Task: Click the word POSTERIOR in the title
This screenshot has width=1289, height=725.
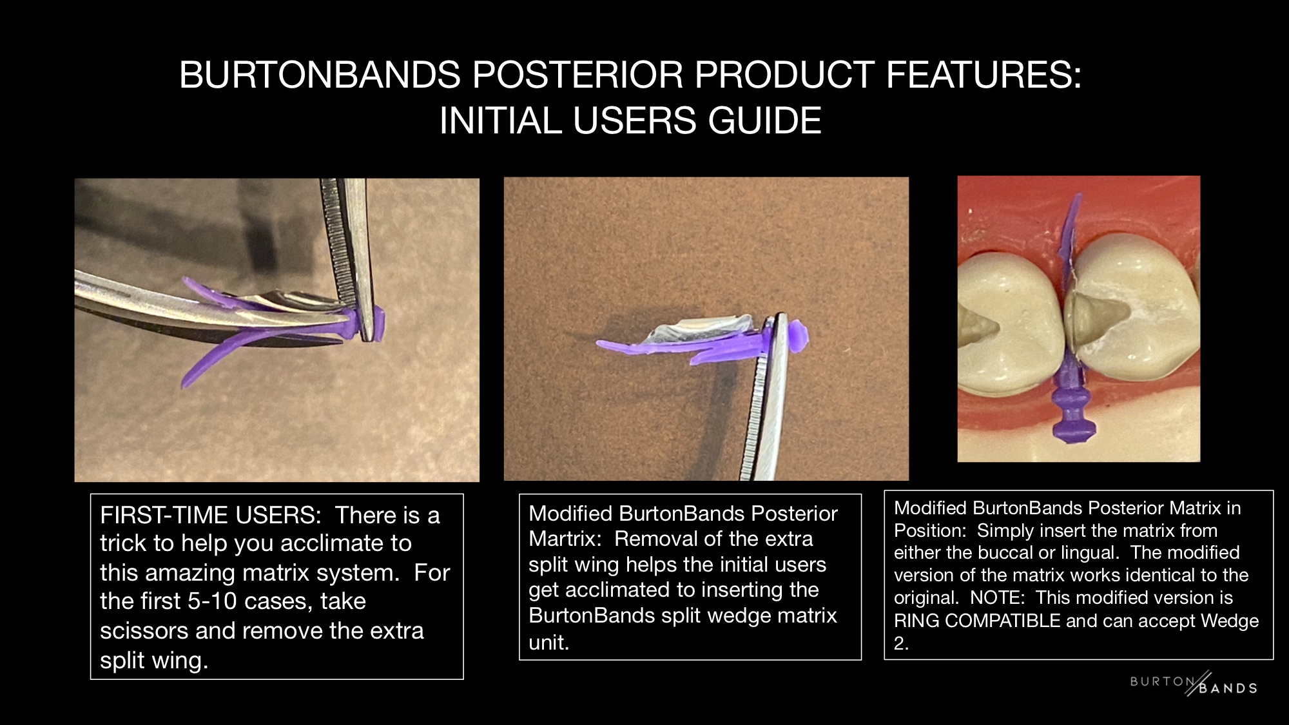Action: [577, 75]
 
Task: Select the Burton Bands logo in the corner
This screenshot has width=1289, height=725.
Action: [1194, 684]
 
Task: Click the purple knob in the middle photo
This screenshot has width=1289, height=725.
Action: [798, 336]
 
